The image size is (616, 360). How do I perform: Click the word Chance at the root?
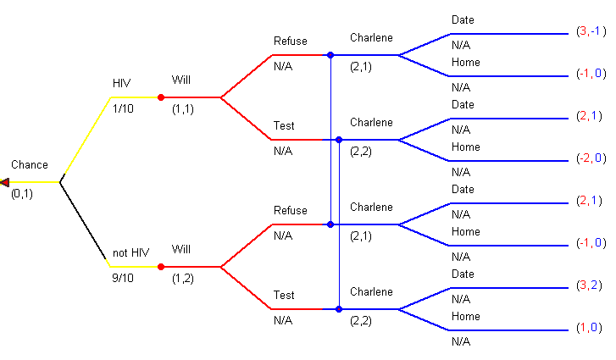tap(30, 165)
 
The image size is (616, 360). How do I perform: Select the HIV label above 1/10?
tap(122, 83)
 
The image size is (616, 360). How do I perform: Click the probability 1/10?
tap(124, 108)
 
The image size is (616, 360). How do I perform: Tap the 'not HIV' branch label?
tap(128, 252)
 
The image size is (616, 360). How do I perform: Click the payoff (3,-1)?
tap(591, 31)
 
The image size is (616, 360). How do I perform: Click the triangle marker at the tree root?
tap(5, 182)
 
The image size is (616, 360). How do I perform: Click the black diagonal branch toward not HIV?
tap(85, 224)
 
